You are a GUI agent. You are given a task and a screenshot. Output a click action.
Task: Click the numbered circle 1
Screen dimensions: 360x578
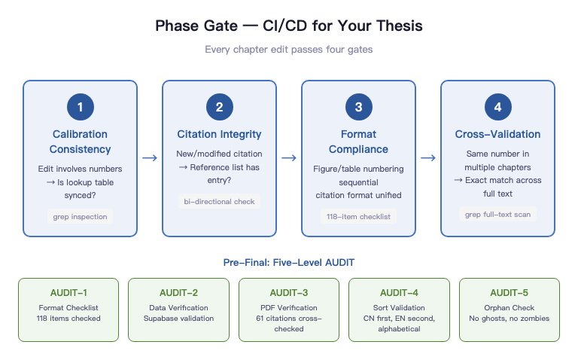click(81, 108)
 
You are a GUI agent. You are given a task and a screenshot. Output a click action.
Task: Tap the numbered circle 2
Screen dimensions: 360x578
click(219, 108)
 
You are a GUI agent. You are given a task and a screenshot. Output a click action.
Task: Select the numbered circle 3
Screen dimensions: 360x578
click(358, 108)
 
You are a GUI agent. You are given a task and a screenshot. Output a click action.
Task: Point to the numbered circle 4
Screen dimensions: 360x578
click(497, 108)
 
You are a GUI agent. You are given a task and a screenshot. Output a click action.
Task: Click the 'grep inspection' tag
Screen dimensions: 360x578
click(81, 217)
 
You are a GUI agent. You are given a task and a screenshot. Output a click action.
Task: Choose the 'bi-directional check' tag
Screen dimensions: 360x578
click(219, 201)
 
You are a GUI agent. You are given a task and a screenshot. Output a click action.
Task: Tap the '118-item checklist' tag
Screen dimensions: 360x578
click(358, 217)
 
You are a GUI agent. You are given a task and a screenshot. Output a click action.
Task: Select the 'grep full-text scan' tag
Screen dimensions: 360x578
click(497, 214)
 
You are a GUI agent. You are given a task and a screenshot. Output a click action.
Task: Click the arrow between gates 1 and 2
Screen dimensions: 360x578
click(150, 158)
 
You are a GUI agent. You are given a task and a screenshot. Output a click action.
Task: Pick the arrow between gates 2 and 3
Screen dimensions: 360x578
click(289, 158)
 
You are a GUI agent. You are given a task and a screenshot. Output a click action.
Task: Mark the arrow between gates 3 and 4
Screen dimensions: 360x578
click(427, 158)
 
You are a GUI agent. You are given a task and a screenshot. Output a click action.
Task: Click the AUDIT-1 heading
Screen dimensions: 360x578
click(68, 293)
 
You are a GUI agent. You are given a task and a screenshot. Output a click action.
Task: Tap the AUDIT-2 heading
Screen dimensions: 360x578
click(178, 293)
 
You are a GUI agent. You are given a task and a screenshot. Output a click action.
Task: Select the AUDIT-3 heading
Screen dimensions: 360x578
click(289, 293)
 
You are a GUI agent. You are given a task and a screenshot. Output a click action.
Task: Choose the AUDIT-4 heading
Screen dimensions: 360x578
click(399, 293)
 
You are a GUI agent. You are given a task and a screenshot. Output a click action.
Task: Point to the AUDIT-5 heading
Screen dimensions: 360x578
click(510, 293)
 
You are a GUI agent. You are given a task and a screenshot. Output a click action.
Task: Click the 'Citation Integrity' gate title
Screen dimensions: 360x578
click(219, 134)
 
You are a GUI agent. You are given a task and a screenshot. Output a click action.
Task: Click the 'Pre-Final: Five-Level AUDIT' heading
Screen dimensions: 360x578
click(289, 263)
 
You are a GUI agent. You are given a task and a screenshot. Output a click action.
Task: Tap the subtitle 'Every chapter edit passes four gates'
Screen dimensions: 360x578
click(289, 50)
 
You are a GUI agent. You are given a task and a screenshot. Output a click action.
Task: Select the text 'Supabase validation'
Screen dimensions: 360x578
click(178, 318)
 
